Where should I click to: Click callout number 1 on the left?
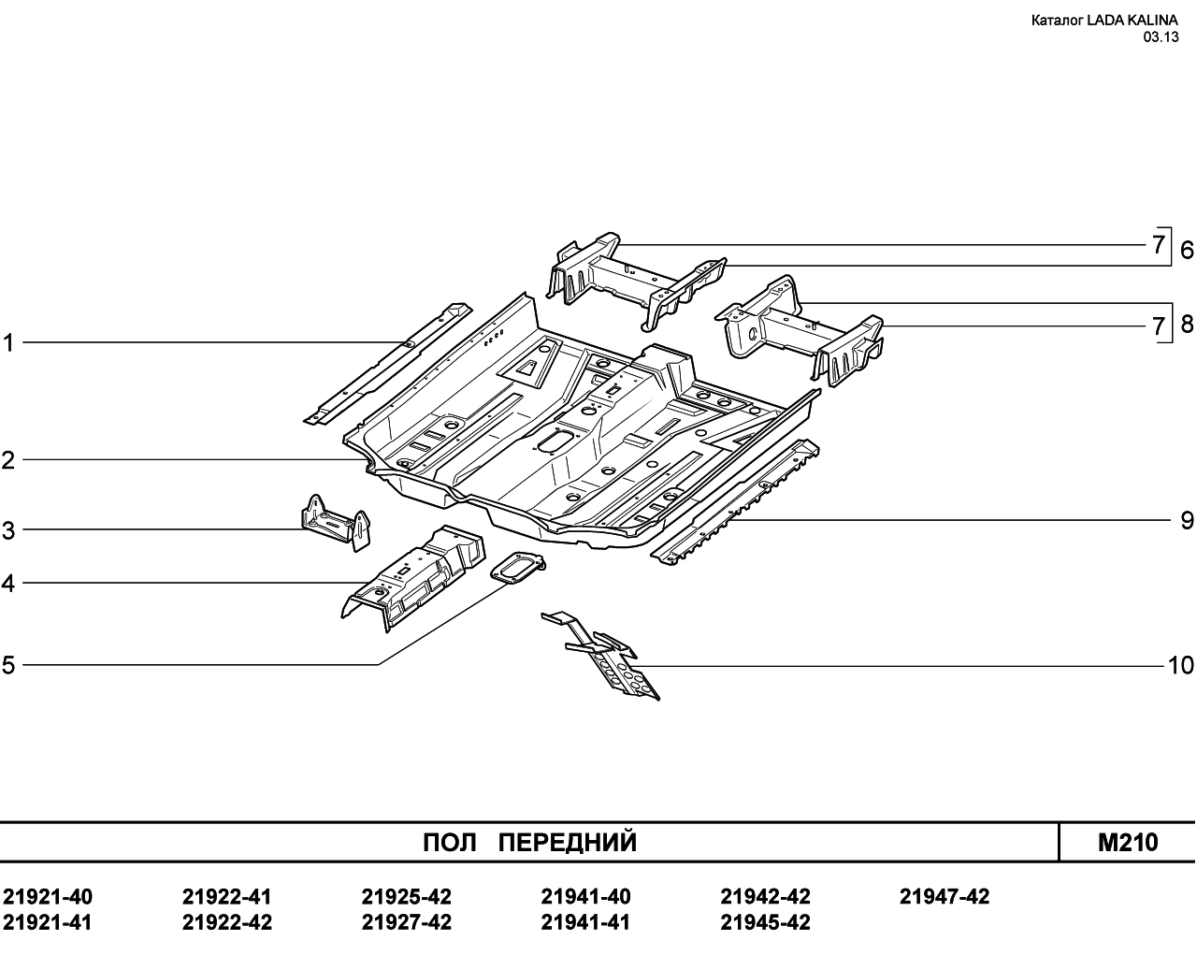[7, 343]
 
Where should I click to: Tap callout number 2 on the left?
[7, 461]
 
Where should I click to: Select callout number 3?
[7, 531]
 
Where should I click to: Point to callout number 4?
[7, 584]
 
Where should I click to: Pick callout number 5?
[7, 665]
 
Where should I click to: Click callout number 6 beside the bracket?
[1187, 250]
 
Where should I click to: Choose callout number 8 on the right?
[1187, 324]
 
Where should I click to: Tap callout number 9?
[1187, 521]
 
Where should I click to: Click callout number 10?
[1180, 666]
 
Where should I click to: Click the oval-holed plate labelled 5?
[517, 568]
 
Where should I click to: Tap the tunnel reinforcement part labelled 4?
[413, 579]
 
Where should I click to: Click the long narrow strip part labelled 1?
[388, 364]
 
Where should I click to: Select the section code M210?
[1128, 843]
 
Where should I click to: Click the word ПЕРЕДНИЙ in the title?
[568, 843]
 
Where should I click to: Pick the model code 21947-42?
[945, 897]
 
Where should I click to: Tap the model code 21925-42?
[407, 897]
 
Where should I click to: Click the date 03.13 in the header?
[1161, 37]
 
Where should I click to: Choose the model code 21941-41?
[585, 922]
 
